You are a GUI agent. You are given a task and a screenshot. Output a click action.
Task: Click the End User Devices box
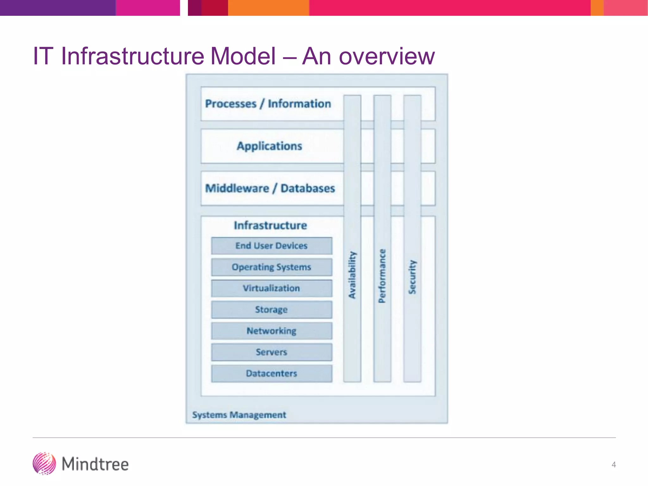point(271,246)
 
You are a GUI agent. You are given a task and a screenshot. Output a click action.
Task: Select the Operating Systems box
point(271,267)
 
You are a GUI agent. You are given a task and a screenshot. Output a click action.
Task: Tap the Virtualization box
point(271,288)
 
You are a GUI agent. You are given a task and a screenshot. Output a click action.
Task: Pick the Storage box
point(271,309)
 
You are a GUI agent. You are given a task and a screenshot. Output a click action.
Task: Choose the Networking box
point(271,331)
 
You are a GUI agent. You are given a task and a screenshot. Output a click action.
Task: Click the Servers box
point(271,352)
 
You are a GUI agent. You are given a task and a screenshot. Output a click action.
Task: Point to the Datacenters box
point(271,373)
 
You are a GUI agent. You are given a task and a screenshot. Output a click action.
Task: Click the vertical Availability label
point(352,275)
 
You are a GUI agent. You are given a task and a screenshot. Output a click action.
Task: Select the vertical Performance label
point(382,276)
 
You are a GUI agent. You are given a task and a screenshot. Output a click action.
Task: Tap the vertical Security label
point(412,277)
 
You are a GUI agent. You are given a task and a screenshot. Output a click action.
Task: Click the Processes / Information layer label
point(268,104)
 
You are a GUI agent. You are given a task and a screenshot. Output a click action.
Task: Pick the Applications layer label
point(270,146)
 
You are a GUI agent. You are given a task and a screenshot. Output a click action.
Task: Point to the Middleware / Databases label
point(270,189)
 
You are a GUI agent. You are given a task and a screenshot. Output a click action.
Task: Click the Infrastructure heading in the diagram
point(270,225)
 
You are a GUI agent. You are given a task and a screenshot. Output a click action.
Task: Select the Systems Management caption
point(239,415)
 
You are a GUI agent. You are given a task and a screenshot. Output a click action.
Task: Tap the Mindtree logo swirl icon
point(44,464)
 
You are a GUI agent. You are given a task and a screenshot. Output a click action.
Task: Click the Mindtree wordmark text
point(95,464)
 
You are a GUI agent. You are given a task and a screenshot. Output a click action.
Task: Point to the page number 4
point(614,464)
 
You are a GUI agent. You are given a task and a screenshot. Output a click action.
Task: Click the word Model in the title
point(243,56)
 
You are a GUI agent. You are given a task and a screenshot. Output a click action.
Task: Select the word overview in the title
point(387,57)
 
